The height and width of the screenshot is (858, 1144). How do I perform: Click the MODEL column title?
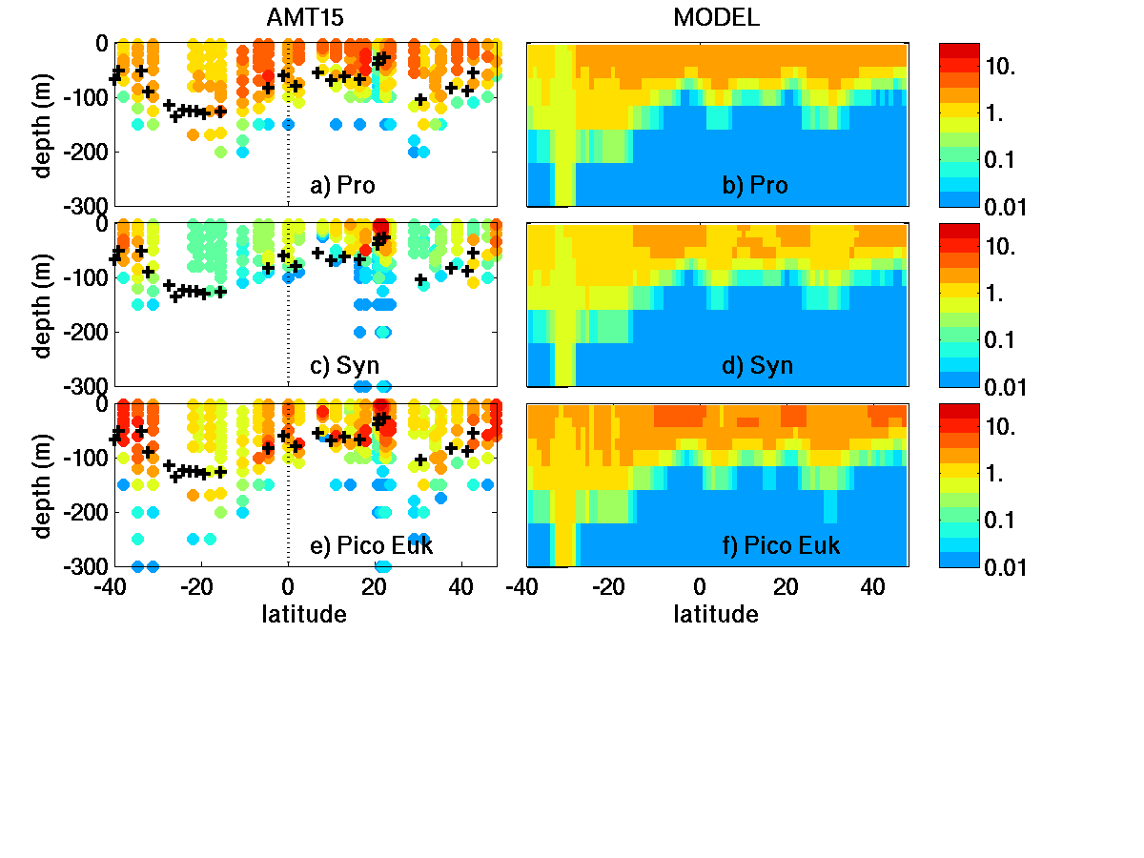click(x=716, y=18)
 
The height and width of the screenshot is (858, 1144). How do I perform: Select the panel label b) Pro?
click(x=755, y=186)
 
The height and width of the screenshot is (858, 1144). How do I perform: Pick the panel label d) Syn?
click(x=759, y=365)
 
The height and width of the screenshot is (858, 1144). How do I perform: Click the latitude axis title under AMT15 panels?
click(x=304, y=615)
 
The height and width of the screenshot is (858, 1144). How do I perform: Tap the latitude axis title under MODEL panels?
click(x=716, y=615)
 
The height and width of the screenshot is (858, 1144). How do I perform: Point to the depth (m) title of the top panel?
click(x=43, y=125)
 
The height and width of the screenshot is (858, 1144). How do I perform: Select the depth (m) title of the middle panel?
click(x=43, y=305)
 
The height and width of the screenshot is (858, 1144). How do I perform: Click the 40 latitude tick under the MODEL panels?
click(x=871, y=587)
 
